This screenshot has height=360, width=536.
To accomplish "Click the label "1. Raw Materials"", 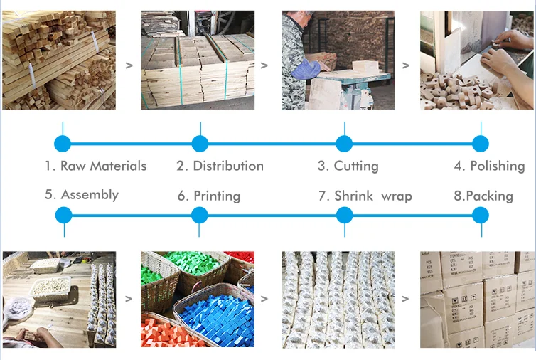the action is (95, 166).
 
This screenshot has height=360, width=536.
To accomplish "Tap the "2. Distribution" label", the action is (220, 166).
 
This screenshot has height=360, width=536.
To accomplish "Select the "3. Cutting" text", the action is (348, 166).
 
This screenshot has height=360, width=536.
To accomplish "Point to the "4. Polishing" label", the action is (489, 166).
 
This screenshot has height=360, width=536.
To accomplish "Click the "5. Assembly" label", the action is (82, 195).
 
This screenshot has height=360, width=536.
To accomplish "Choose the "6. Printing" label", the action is (208, 196).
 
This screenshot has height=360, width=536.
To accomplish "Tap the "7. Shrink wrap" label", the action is (365, 196).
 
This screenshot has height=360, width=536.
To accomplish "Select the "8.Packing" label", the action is (483, 196).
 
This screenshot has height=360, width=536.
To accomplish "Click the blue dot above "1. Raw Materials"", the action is (63, 144).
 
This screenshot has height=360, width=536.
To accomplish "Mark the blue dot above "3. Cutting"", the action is (344, 144).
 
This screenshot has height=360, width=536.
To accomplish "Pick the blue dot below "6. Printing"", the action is (200, 215).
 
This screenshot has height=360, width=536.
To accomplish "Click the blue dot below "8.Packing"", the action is (481, 215).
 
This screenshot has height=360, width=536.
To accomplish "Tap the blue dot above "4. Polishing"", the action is (481, 144).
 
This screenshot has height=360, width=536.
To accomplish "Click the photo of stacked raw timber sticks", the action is (59, 60).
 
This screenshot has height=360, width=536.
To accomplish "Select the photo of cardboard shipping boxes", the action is (477, 299).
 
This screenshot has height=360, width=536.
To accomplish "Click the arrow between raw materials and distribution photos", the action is (129, 65).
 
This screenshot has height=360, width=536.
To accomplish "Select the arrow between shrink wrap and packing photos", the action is (406, 299).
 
